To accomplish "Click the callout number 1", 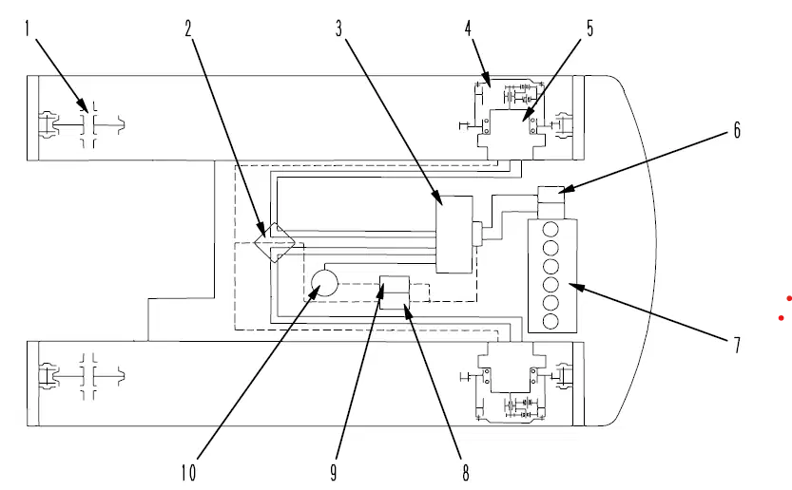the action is pos(28,28).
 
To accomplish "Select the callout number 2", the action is pos(188,28).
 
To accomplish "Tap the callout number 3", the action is pos(338,28).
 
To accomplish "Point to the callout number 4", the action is pos(468,28).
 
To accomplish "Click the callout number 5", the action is pos(589,28).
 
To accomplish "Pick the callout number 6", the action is pos(737,130).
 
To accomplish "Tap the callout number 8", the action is pos(465,473).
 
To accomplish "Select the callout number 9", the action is pos(334,473).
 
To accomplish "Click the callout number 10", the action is pos(188,473).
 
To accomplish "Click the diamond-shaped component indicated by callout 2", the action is pos(274,243).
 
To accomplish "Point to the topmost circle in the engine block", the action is pos(551,230).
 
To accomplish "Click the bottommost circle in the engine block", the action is pos(551,321).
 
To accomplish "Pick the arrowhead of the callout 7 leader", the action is pos(575,287).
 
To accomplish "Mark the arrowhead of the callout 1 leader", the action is pos(83,105).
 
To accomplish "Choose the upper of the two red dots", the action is pos(789,299).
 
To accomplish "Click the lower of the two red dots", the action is pos(782,318).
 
